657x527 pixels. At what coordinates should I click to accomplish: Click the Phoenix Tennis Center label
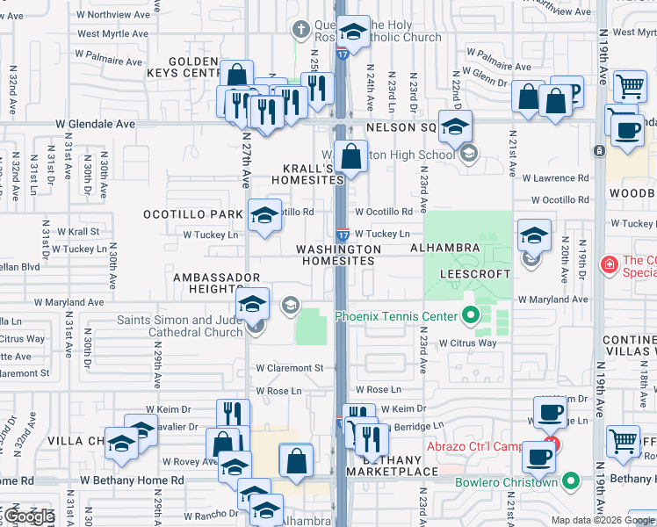point(395,316)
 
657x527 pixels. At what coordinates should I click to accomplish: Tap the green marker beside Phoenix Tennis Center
point(471,314)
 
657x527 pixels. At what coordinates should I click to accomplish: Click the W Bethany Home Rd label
point(132,480)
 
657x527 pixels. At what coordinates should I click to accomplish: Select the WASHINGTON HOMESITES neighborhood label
point(338,255)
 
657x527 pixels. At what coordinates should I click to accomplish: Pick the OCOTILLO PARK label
point(193,214)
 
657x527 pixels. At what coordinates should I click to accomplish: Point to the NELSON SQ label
point(401,127)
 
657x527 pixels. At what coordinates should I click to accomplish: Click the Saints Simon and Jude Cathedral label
point(187,325)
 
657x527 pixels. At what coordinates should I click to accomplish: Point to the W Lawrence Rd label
point(553,178)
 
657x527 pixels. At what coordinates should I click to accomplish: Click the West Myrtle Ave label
point(112,33)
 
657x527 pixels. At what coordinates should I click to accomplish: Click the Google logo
point(29,516)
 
